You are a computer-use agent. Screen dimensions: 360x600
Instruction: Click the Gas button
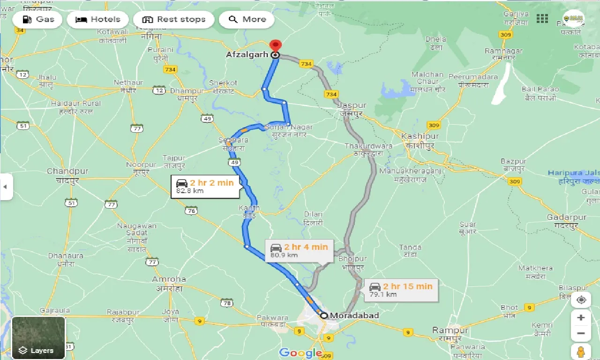pyautogui.click(x=37, y=20)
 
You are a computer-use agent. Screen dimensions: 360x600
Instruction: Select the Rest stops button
pyautogui.click(x=173, y=20)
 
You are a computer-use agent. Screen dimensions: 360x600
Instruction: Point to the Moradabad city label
pyautogui.click(x=354, y=315)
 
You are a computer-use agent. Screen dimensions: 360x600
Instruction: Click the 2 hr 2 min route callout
pyautogui.click(x=206, y=186)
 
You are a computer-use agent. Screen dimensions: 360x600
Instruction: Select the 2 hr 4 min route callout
pyautogui.click(x=299, y=251)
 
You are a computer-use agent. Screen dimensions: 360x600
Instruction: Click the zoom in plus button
pyautogui.click(x=581, y=317)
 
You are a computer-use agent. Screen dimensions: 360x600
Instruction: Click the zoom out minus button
pyautogui.click(x=581, y=334)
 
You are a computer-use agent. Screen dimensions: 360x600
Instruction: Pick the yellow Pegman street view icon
pyautogui.click(x=581, y=352)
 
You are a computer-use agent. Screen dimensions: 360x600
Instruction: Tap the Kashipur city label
pyautogui.click(x=420, y=136)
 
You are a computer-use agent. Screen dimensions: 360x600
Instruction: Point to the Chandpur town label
pyautogui.click(x=67, y=172)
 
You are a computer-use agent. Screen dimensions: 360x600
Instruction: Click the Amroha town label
pyautogui.click(x=169, y=279)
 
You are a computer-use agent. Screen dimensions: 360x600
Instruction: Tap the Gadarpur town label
pyautogui.click(x=566, y=217)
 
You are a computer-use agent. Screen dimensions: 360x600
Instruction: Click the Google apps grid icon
pyautogui.click(x=542, y=19)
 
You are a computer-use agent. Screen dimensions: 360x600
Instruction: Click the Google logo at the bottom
pyautogui.click(x=300, y=352)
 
